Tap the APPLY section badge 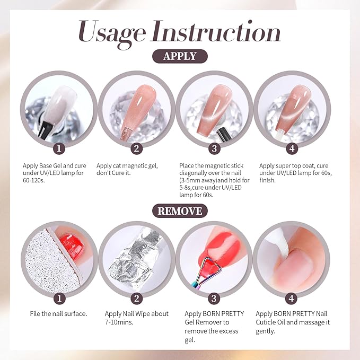pyautogui.click(x=180, y=56)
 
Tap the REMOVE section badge pyautogui.click(x=180, y=210)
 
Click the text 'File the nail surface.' pyautogui.click(x=58, y=314)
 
